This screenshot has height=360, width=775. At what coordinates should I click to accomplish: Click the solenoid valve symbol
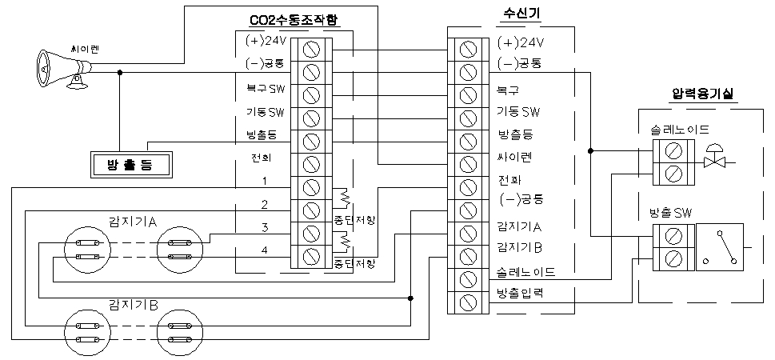point(714,159)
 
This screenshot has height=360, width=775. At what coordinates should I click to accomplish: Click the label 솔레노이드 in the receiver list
point(526,272)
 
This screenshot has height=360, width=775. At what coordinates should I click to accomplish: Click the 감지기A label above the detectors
point(132,221)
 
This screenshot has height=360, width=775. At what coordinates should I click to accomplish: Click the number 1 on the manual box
point(264,181)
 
